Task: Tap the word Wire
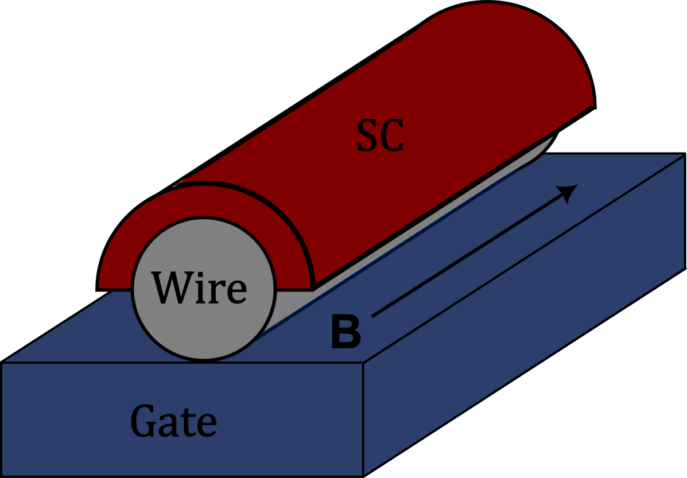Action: [x=199, y=287]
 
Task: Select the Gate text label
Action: [x=174, y=422]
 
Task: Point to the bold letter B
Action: [x=346, y=333]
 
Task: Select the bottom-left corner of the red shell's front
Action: [x=98, y=288]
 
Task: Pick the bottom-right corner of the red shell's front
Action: [x=313, y=288]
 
